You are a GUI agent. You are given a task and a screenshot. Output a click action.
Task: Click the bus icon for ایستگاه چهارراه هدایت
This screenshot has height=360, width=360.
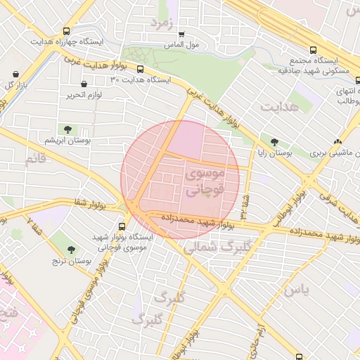pyautogui.click(x=66, y=32)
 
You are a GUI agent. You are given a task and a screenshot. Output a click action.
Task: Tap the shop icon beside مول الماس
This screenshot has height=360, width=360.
pyautogui.click(x=181, y=34)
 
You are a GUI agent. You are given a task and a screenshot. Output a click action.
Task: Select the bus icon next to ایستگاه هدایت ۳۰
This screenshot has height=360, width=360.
pyautogui.click(x=140, y=70)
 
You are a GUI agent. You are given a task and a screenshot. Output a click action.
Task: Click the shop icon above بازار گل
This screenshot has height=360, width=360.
pyautogui.click(x=15, y=74)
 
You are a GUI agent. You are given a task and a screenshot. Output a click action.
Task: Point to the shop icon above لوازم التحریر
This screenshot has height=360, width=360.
pyautogui.click(x=84, y=84)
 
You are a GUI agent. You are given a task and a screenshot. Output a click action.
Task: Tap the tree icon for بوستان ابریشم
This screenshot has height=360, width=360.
pyautogui.click(x=68, y=129)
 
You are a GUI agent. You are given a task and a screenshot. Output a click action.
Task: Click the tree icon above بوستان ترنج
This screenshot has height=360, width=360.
pyautogui.click(x=71, y=250)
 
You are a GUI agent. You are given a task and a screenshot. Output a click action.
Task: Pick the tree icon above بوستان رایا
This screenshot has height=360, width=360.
pyautogui.click(x=264, y=141)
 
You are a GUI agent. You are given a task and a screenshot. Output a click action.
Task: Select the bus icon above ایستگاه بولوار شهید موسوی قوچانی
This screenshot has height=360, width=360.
pyautogui.click(x=122, y=226)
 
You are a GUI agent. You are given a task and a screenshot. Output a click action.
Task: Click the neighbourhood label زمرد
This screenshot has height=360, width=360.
pyautogui.click(x=161, y=22)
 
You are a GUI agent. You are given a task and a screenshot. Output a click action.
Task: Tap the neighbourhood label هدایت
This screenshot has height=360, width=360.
pyautogui.click(x=280, y=107)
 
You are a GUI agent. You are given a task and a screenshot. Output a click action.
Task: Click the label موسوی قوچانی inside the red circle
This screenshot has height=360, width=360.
pyautogui.click(x=205, y=181)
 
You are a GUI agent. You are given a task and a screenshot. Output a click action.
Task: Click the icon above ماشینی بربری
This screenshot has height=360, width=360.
pyautogui.click(x=339, y=141)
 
